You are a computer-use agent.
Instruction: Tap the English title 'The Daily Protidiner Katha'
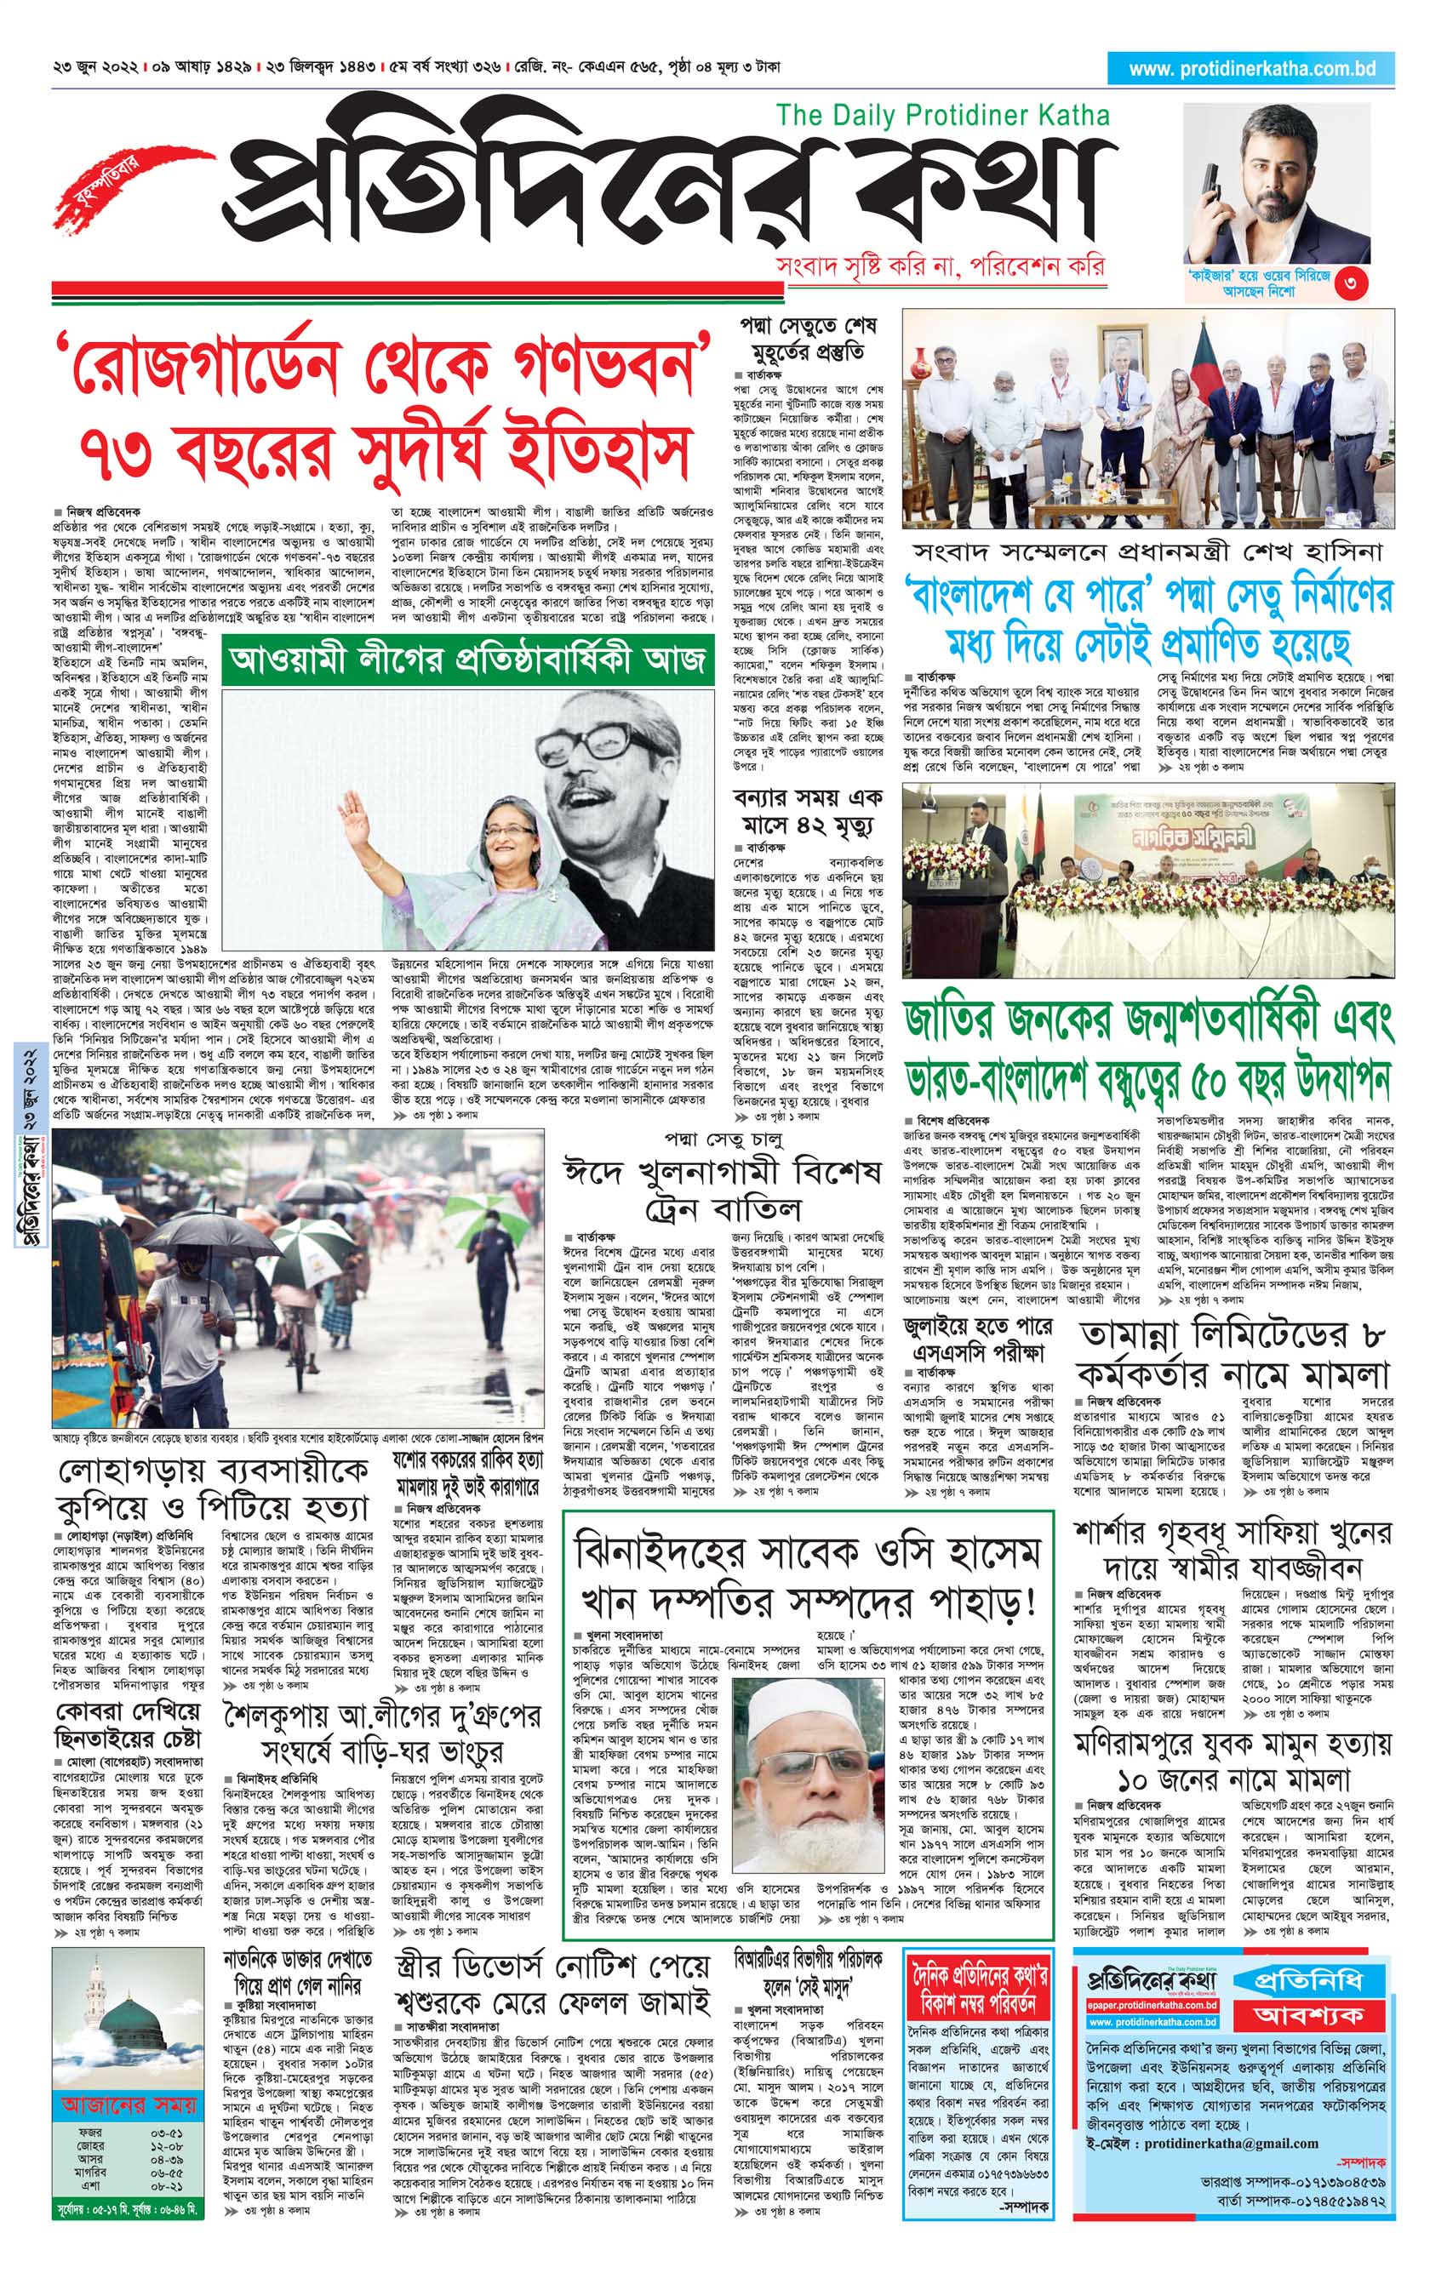click(x=942, y=115)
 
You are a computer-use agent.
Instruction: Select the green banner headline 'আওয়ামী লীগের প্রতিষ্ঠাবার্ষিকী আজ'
click(x=467, y=658)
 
